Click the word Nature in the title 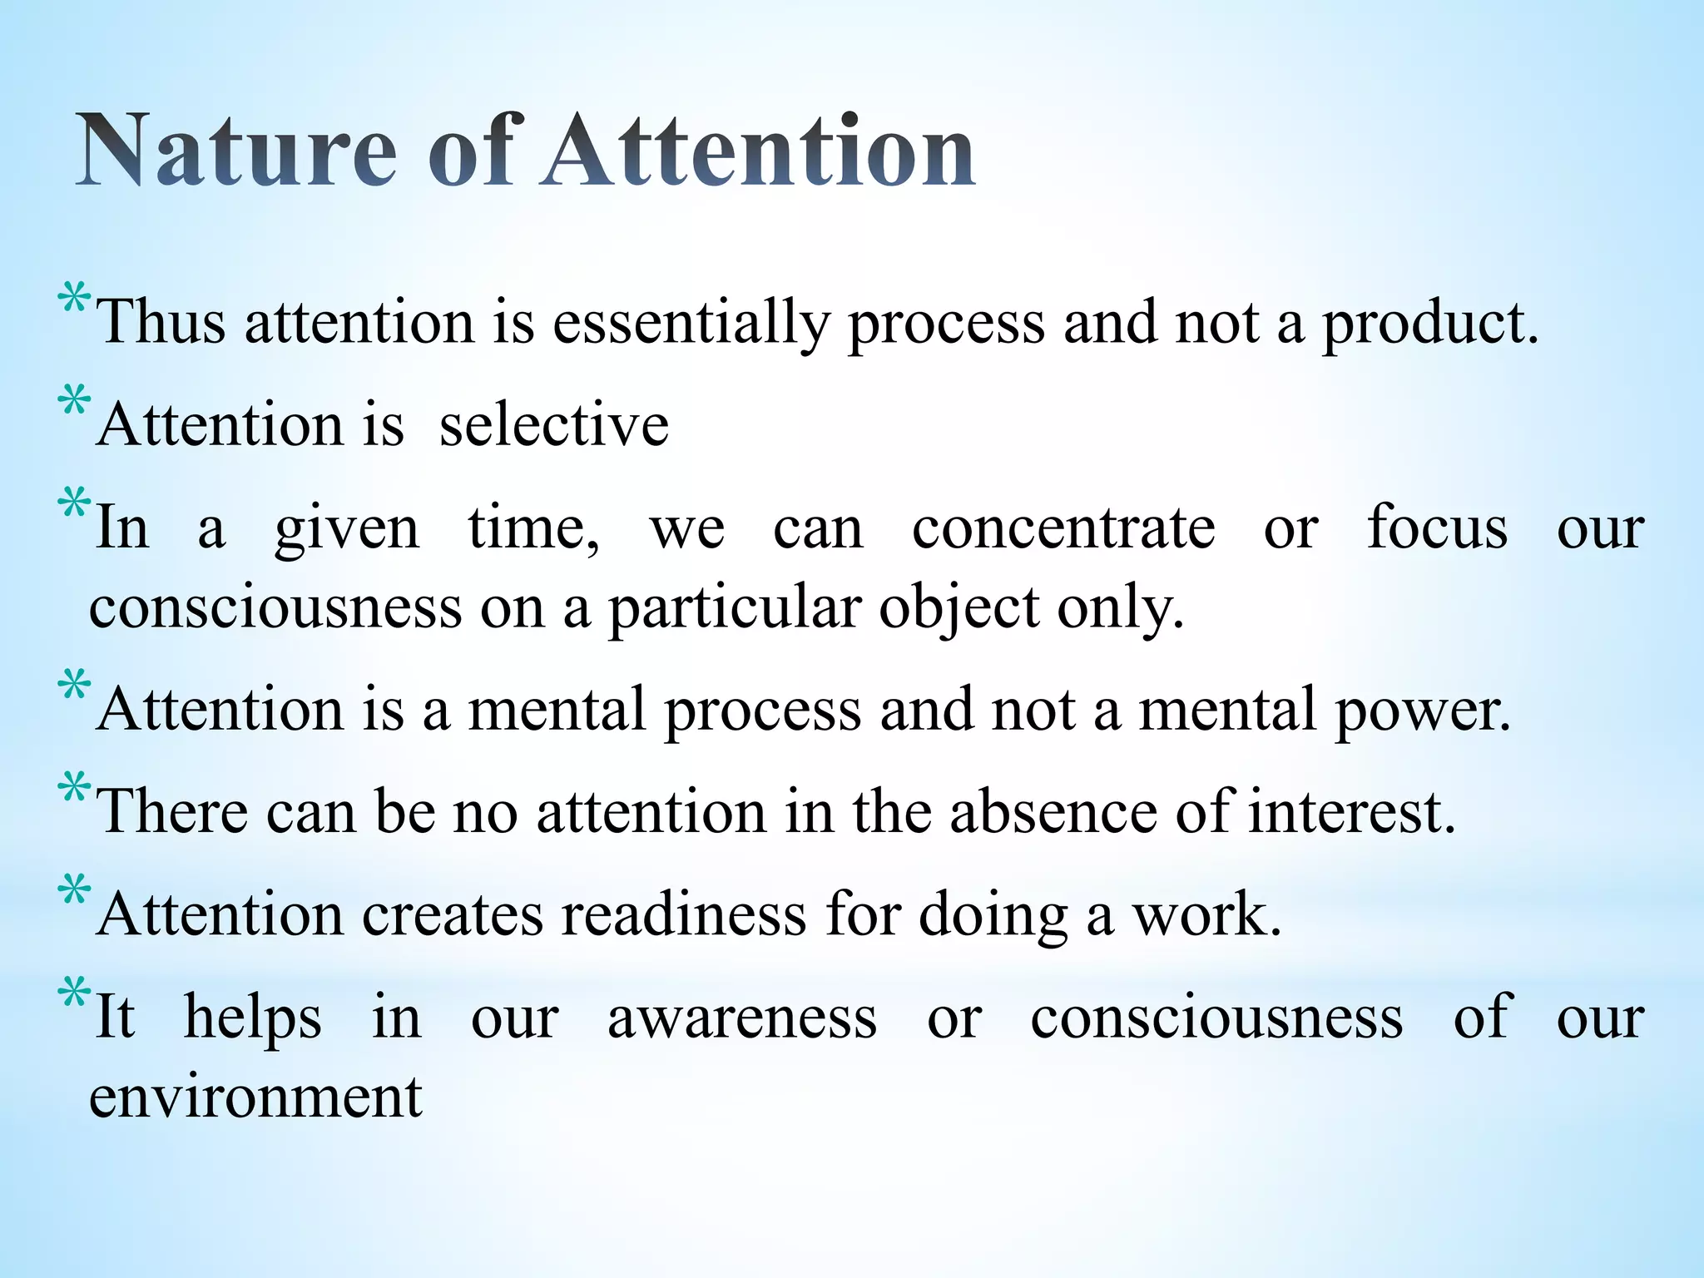coord(236,151)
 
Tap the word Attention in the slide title coord(757,151)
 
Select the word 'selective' coord(553,425)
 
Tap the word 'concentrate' coord(1063,528)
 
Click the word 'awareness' coord(742,1018)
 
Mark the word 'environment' coord(256,1097)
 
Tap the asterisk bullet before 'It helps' coord(73,995)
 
